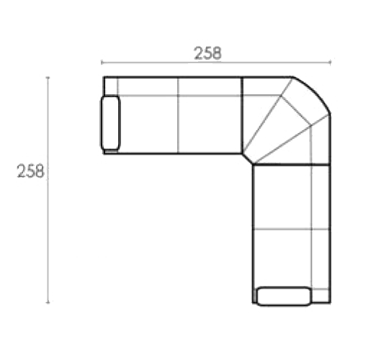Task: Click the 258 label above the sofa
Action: tap(207, 53)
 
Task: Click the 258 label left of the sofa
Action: tap(30, 171)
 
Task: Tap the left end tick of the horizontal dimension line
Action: tap(102, 63)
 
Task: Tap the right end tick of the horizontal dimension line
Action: tap(331, 63)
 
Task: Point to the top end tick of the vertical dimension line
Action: tap(48, 78)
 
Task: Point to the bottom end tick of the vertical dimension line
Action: tap(48, 302)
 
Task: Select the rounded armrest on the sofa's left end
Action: tap(110, 123)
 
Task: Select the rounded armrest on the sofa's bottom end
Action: tap(284, 297)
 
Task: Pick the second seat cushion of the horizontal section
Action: tap(210, 125)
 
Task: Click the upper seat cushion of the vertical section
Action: tap(282, 197)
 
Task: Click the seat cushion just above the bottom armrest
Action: tap(282, 258)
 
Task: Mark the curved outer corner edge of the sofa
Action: tap(315, 91)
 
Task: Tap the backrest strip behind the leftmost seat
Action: tap(148, 86)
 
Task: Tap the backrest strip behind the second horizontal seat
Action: tap(210, 86)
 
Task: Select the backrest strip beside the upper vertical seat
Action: tap(321, 197)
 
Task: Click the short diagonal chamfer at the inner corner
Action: tap(247, 159)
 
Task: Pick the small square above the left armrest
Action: tap(111, 86)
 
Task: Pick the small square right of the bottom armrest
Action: tap(321, 296)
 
